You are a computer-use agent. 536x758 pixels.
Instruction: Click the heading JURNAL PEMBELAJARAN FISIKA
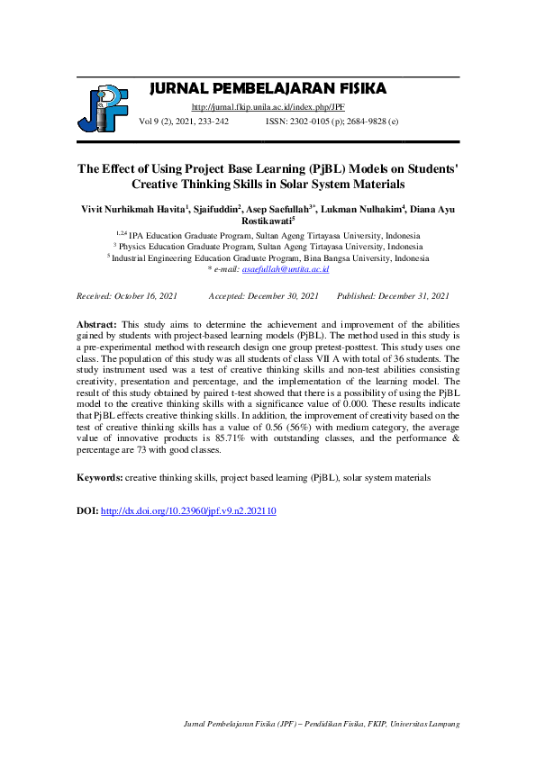268,88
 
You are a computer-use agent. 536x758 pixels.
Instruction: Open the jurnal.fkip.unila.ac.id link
268,107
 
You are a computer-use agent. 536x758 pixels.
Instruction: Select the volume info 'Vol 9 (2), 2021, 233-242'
183,121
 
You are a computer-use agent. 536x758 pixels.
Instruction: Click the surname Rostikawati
266,219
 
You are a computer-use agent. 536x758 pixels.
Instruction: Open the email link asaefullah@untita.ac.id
286,269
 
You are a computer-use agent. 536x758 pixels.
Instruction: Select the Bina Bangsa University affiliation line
268,257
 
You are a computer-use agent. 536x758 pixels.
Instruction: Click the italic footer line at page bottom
322,723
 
